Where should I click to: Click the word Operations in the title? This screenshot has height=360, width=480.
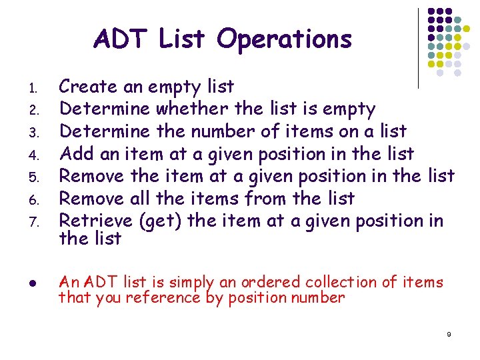pyautogui.click(x=285, y=39)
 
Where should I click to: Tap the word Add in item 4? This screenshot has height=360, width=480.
pyautogui.click(x=75, y=153)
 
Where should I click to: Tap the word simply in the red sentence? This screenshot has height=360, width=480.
pyautogui.click(x=195, y=283)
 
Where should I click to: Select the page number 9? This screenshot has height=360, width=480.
pyautogui.click(x=449, y=333)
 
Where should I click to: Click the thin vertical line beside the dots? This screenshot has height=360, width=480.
pyautogui.click(x=418, y=48)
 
